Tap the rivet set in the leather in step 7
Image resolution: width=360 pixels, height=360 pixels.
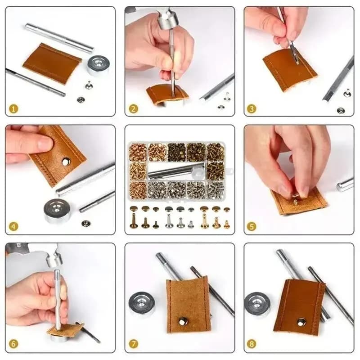(184, 321)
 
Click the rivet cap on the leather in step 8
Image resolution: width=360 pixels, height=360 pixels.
(301, 321)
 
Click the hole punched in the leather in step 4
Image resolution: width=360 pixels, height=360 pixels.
(66, 161)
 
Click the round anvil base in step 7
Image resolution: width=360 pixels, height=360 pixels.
(142, 304)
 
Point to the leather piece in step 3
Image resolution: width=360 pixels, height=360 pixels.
(288, 70)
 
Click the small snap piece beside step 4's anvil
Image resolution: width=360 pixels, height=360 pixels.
(85, 223)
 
